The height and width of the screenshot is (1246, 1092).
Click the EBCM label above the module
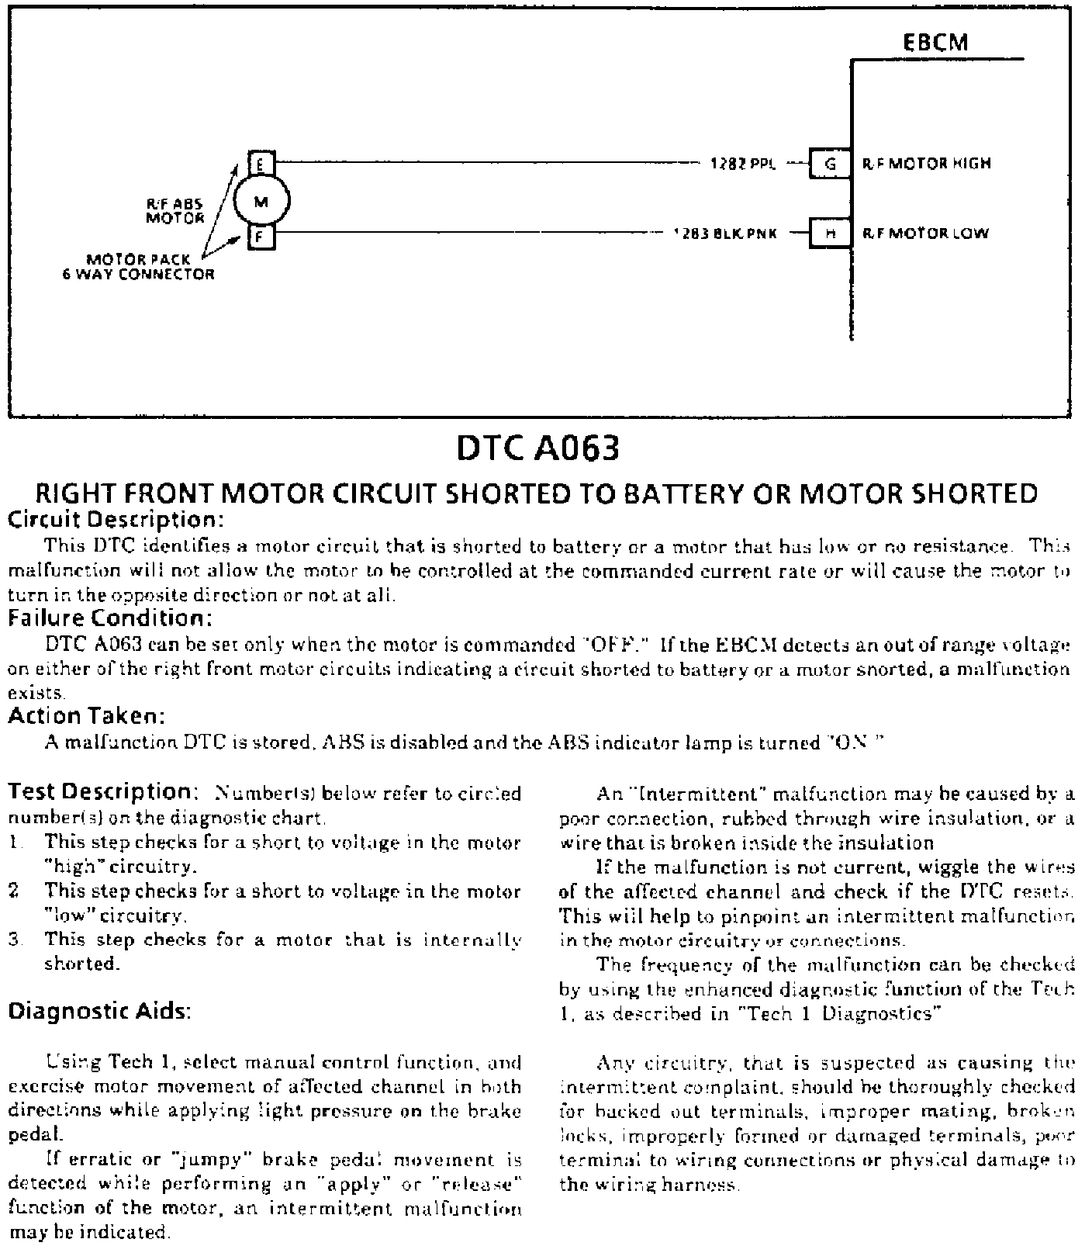pyautogui.click(x=935, y=42)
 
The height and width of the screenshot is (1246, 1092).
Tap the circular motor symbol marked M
pyautogui.click(x=261, y=202)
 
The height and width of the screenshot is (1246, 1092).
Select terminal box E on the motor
pyautogui.click(x=261, y=163)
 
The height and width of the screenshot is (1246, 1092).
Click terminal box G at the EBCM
pyautogui.click(x=830, y=164)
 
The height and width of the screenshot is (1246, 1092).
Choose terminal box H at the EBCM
pyautogui.click(x=830, y=234)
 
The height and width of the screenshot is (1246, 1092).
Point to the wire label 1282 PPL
pyautogui.click(x=743, y=164)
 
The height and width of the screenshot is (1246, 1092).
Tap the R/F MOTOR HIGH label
pyautogui.click(x=927, y=164)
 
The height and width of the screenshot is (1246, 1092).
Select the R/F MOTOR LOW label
pyautogui.click(x=926, y=234)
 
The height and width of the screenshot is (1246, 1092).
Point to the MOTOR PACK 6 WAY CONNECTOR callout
pyautogui.click(x=139, y=267)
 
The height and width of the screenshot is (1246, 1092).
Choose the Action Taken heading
pyautogui.click(x=87, y=715)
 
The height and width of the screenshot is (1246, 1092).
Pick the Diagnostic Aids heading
pyautogui.click(x=98, y=1012)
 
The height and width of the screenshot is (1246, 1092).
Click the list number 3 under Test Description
pyautogui.click(x=13, y=940)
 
